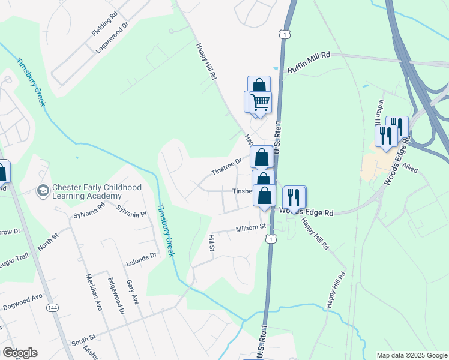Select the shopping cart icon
pyautogui.click(x=260, y=102)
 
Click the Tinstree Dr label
pyautogui.click(x=226, y=166)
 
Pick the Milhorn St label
pyautogui.click(x=251, y=227)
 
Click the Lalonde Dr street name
pyautogui.click(x=141, y=259)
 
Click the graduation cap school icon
pyautogui.click(x=43, y=191)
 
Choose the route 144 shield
pyautogui.click(x=53, y=307)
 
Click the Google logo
pyautogui.click(x=20, y=353)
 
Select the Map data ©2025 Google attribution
pyautogui.click(x=411, y=355)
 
